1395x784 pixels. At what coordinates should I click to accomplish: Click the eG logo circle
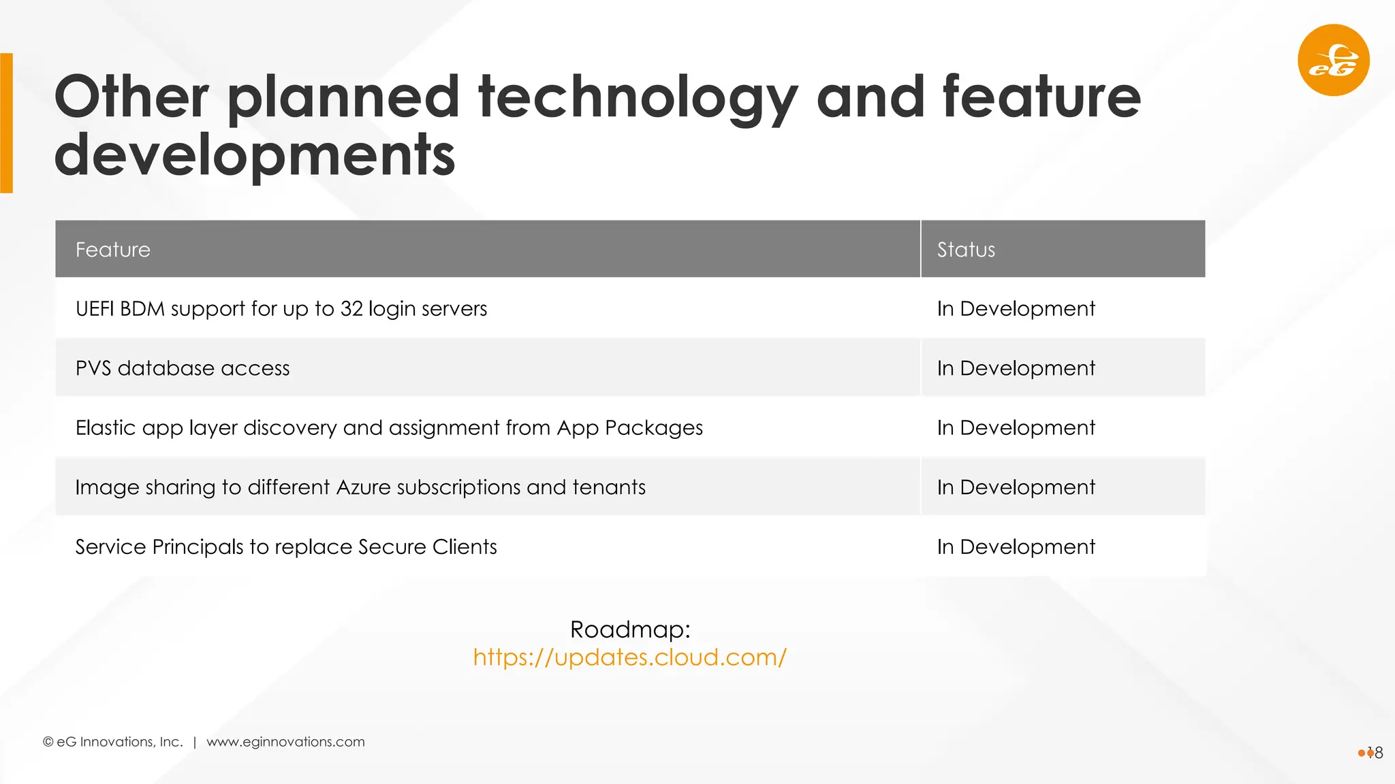coord(1333,60)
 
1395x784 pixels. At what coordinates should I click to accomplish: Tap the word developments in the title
coord(254,155)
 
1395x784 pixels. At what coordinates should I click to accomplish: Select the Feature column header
coord(113,250)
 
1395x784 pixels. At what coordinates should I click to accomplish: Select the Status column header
coord(965,250)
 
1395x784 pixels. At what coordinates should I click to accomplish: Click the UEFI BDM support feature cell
coord(281,309)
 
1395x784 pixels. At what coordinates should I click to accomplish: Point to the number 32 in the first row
coord(351,308)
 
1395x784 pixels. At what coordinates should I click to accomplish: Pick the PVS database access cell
coord(183,368)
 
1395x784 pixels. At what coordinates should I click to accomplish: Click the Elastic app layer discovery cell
coord(388,428)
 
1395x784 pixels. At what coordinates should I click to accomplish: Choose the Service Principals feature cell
coord(286,547)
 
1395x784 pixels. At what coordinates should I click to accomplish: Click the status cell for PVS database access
coord(1015,368)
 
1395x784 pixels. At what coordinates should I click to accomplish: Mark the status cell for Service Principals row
coord(1015,547)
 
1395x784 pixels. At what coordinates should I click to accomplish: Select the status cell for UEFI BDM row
coord(1015,309)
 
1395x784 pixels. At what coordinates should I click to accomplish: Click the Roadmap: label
coord(630,630)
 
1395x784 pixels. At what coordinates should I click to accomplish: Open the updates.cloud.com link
coord(630,657)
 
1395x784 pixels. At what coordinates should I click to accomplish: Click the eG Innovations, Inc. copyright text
coord(113,742)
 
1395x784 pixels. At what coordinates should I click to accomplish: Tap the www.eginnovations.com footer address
coord(285,742)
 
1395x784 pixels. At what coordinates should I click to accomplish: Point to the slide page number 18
coord(1375,753)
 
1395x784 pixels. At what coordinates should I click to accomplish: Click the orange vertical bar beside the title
coord(6,123)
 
